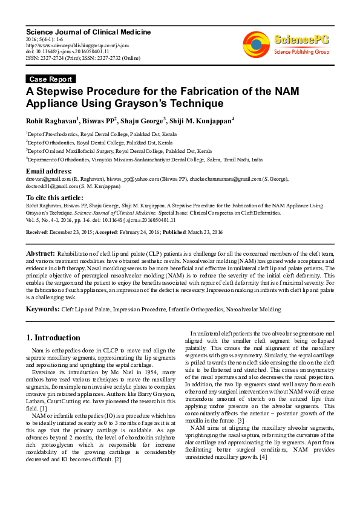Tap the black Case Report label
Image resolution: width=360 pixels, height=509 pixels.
coord(51,79)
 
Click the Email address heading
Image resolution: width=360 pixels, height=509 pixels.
coord(51,172)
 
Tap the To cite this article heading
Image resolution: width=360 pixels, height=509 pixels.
coord(55,198)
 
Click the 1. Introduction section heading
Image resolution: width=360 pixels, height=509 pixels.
coord(53,337)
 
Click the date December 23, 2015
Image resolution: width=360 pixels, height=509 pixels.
coord(72,232)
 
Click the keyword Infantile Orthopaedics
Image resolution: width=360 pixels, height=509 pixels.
coord(197,310)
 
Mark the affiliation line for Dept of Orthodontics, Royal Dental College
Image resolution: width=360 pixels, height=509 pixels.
coord(99,143)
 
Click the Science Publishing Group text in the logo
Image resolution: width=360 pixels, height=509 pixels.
coord(301,53)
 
